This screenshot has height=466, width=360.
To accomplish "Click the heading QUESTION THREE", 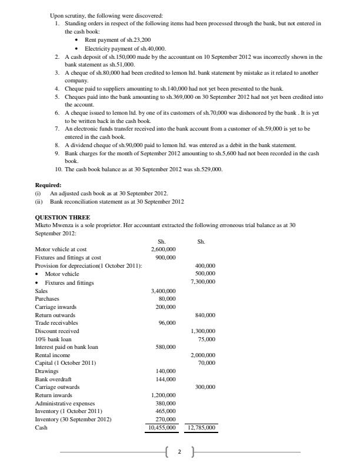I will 62,217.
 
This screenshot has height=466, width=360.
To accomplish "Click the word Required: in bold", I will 48,185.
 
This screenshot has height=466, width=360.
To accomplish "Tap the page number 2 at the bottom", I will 179,452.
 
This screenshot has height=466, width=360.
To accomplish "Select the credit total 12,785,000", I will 201,428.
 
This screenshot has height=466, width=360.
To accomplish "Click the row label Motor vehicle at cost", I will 61,249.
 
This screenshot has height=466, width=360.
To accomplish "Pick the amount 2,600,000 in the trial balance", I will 163,249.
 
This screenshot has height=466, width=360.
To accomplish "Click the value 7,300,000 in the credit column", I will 202,282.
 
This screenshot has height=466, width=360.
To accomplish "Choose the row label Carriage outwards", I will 57,387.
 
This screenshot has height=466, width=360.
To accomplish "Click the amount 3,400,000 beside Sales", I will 163,291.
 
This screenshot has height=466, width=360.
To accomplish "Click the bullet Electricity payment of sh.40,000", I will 125,48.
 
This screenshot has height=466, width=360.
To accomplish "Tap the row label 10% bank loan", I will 54,339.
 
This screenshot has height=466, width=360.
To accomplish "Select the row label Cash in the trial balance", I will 41,428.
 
